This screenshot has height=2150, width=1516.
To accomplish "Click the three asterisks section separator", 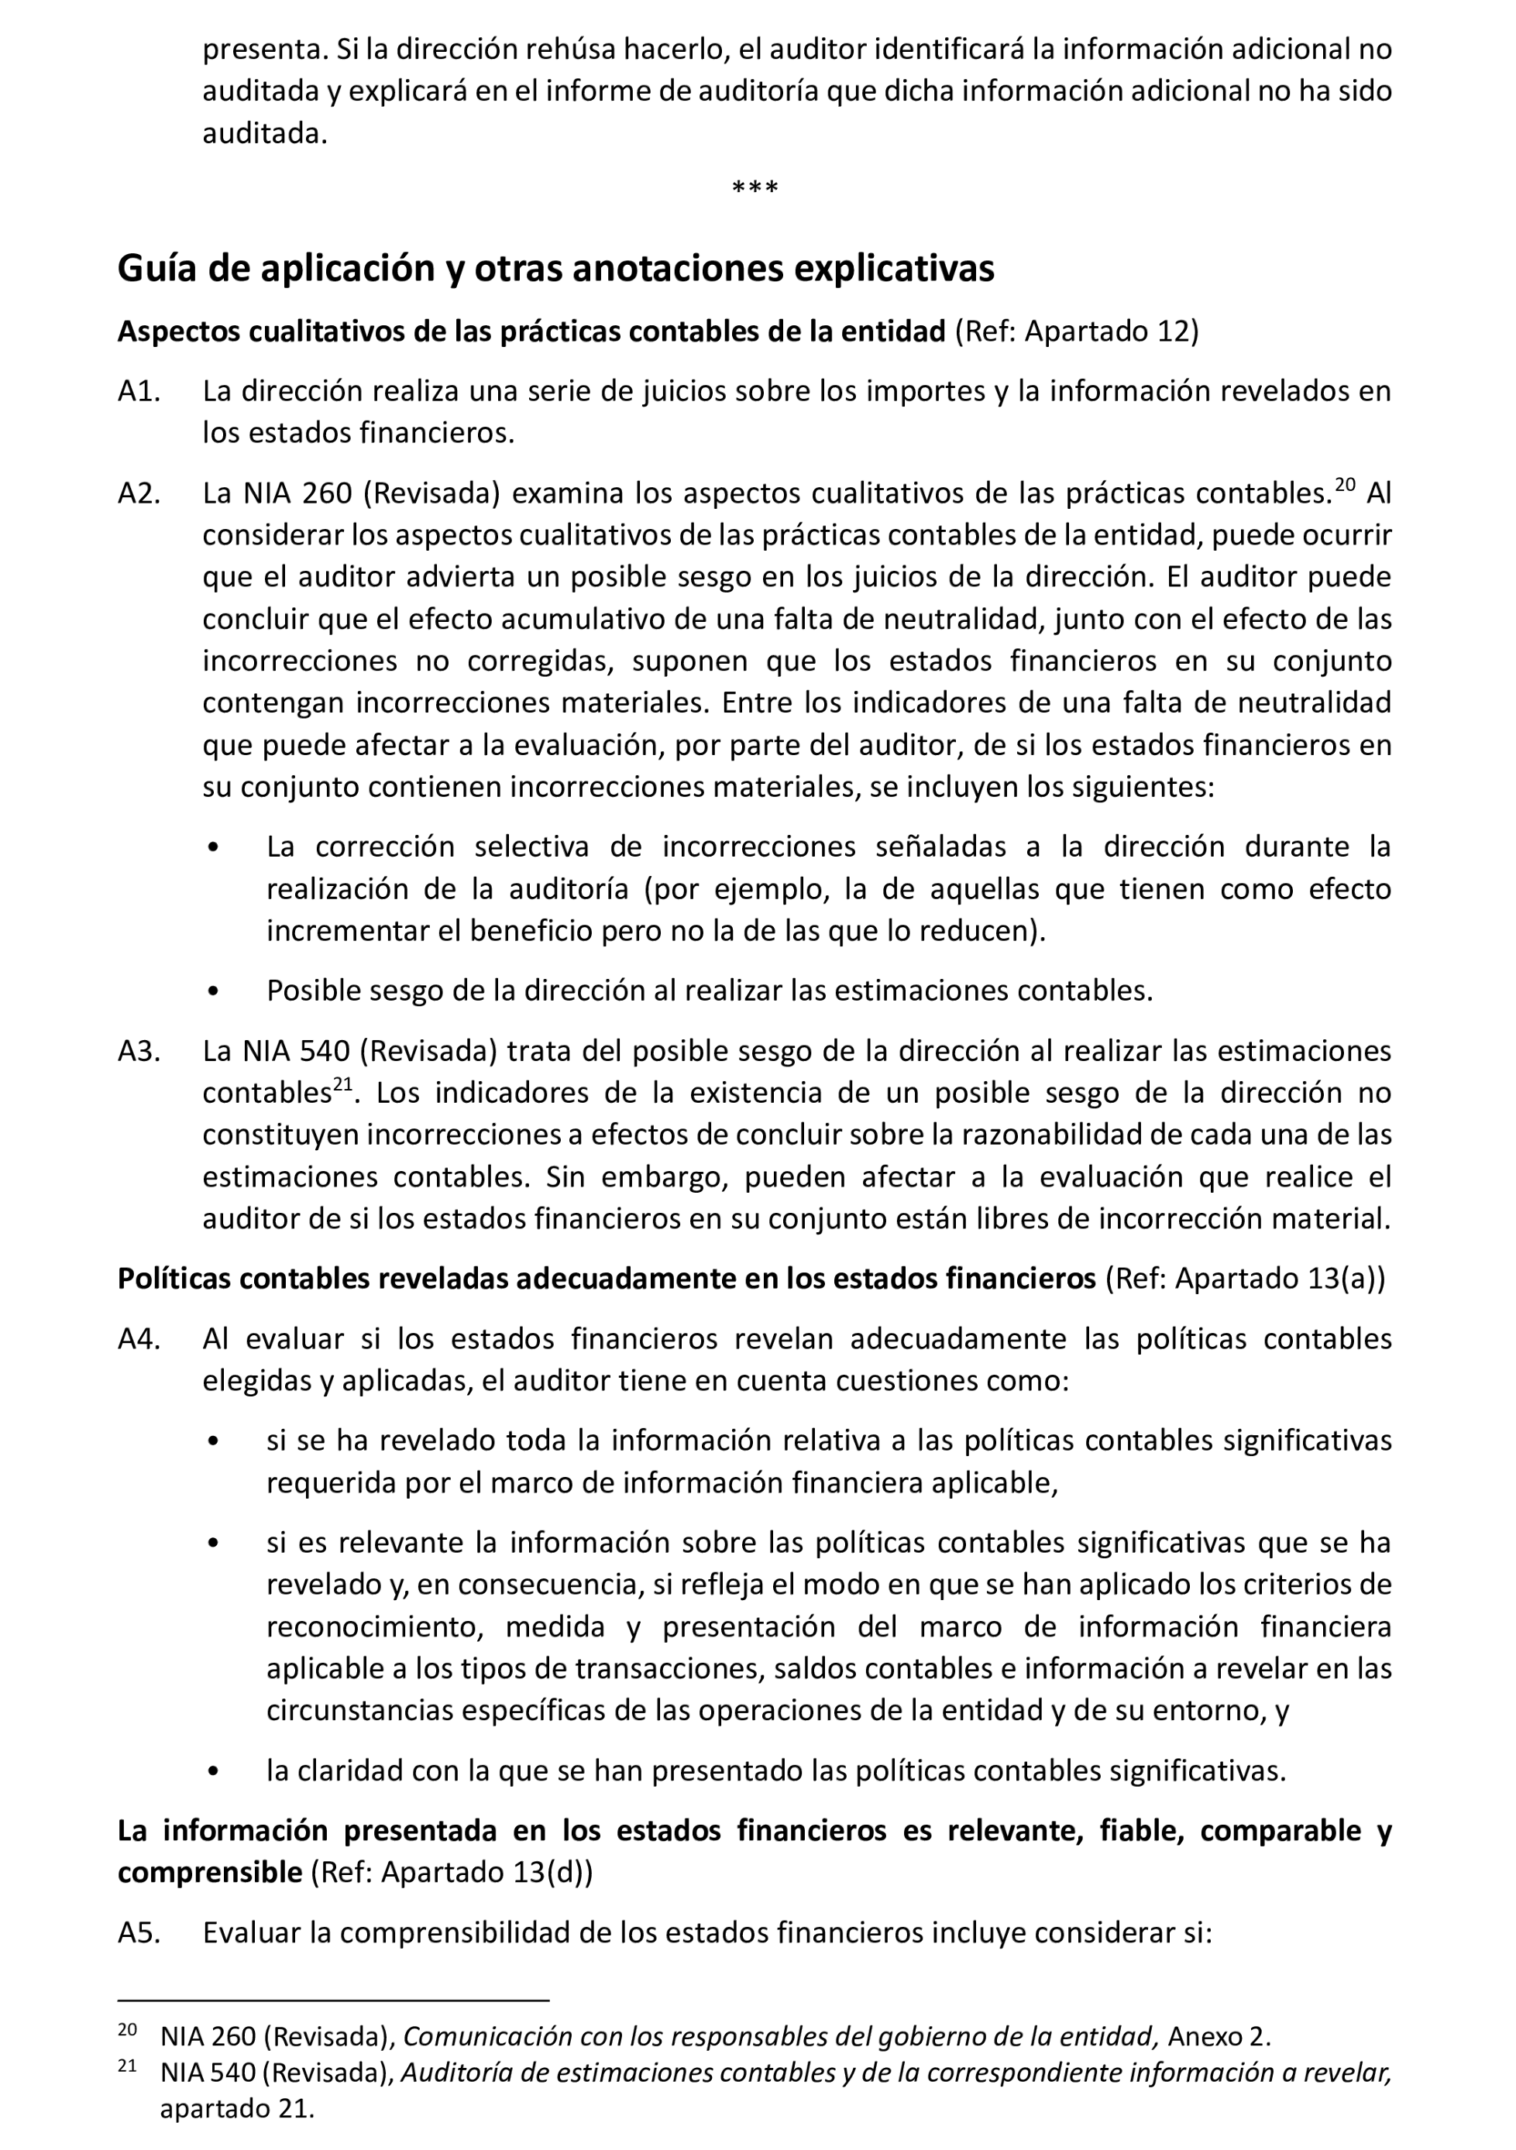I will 755,188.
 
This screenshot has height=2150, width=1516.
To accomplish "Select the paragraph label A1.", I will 139,391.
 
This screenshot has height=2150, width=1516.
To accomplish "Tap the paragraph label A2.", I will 139,493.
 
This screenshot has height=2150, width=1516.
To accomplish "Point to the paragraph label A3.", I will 139,1051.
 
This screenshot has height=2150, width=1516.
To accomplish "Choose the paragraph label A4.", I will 139,1339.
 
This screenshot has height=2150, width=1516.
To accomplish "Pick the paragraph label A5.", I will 139,1932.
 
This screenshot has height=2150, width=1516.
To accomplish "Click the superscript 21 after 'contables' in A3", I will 342,1084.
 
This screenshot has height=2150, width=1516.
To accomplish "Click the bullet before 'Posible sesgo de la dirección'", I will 215,991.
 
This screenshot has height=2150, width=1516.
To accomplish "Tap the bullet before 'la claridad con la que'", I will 215,1770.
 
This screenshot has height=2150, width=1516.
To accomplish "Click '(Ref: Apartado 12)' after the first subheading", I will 1076,331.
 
